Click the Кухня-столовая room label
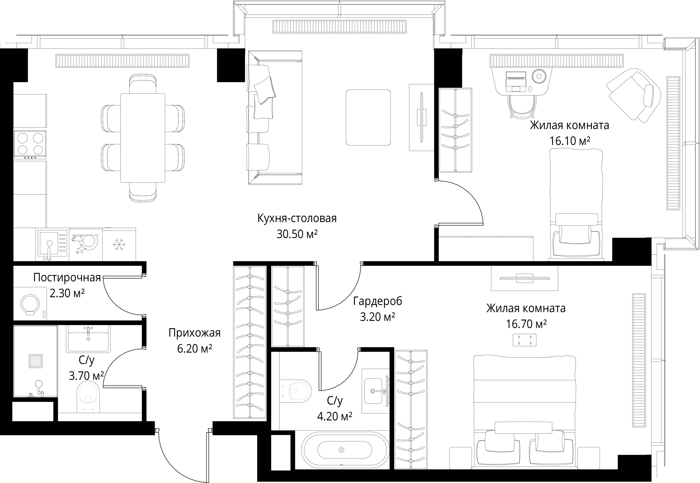tap(297, 218)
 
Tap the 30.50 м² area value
tap(297, 234)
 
